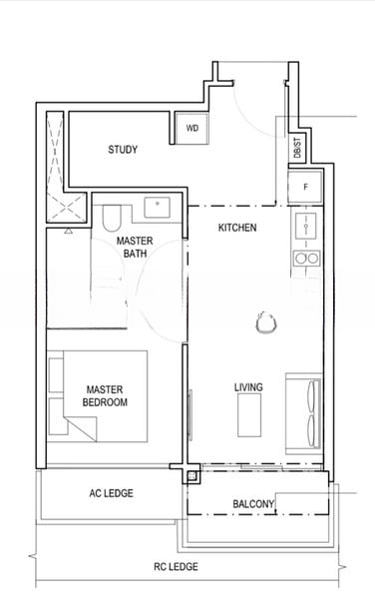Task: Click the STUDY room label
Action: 123,150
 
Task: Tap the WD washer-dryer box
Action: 191,128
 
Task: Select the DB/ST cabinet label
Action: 297,148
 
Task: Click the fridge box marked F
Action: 305,187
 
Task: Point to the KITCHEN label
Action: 237,228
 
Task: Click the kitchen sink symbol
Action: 306,227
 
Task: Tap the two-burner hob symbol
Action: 307,259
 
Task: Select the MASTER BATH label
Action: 135,247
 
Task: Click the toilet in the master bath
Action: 112,218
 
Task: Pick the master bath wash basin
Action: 157,208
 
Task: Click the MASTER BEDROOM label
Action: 105,395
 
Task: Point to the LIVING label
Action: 248,387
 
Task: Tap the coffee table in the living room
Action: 249,415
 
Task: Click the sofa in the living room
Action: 304,413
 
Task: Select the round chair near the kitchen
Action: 266,323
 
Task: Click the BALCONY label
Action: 253,504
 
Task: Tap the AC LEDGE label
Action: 112,493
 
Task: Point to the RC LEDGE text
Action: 176,566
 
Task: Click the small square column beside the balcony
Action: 192,476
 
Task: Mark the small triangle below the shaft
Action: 68,231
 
